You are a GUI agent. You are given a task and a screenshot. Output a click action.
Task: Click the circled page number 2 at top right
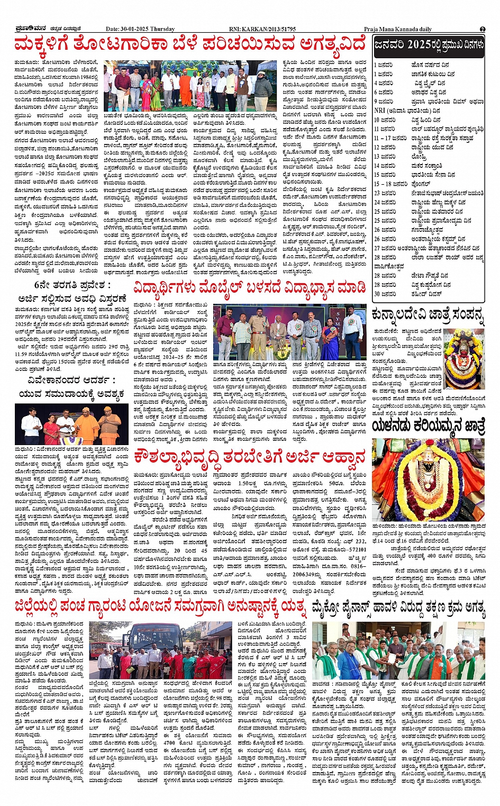[483, 29]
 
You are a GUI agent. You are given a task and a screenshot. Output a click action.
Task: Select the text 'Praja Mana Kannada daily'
[398, 29]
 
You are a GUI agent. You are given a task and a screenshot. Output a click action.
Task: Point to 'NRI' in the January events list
[379, 111]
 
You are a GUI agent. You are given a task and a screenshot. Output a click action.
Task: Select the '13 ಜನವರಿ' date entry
[385, 157]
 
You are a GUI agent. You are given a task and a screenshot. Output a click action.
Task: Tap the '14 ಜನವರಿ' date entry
[385, 166]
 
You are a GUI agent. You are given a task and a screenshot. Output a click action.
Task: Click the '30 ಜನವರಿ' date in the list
[385, 294]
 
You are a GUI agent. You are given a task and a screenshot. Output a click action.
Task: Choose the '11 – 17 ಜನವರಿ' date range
[392, 138]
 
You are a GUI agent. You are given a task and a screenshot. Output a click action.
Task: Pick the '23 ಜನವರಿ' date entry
[385, 193]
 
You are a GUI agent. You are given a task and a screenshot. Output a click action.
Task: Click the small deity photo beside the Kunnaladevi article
[464, 359]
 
